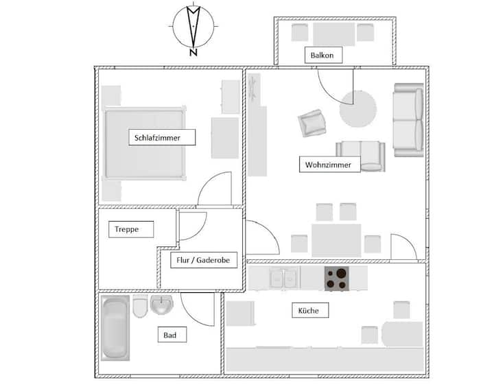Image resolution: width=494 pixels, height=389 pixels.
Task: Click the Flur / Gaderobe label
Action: tap(204, 260)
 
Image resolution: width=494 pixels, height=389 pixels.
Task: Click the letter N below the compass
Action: tap(193, 52)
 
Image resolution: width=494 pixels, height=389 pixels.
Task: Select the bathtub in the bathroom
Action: tap(115, 327)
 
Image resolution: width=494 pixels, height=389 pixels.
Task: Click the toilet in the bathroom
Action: tap(140, 306)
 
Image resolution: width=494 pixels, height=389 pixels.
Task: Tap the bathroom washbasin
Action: tap(162, 305)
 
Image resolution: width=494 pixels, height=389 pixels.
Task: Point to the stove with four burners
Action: tap(337, 279)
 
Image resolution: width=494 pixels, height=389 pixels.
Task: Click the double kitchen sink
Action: tap(283, 278)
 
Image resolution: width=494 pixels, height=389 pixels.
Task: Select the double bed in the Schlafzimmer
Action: tap(145, 143)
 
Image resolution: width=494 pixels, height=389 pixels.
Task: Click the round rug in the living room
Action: tap(358, 109)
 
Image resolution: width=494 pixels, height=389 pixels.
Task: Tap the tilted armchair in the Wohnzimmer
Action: tap(312, 123)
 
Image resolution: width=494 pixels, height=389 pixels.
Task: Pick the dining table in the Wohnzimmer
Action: tap(336, 240)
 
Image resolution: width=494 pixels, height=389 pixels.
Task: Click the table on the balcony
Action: tap(334, 34)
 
